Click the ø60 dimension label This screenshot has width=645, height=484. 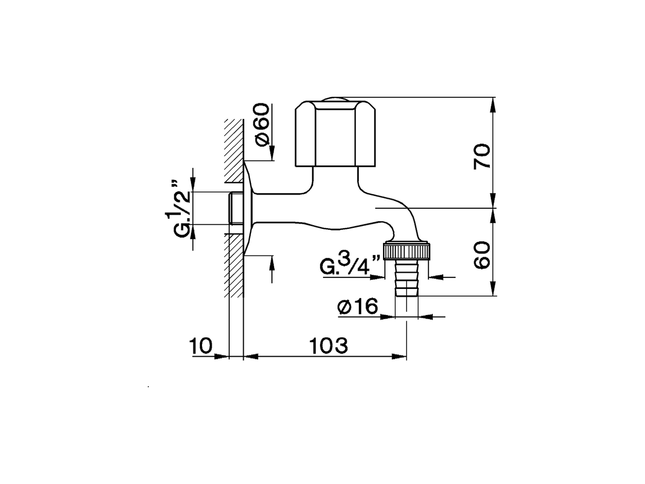coord(263,125)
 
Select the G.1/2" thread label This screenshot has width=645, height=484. coord(180,208)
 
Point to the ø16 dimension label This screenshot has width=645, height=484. coord(358,307)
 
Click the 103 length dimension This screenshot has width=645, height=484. coord(328,346)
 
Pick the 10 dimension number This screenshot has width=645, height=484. coord(201,346)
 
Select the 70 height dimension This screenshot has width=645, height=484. coord(482,156)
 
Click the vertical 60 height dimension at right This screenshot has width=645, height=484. coord(482,255)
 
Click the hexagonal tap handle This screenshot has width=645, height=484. coord(335,135)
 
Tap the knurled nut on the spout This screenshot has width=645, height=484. coord(408,251)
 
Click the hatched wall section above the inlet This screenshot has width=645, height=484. coord(234,151)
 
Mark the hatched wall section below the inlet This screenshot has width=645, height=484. coord(235,267)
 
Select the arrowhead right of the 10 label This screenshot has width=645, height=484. coord(222,356)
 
